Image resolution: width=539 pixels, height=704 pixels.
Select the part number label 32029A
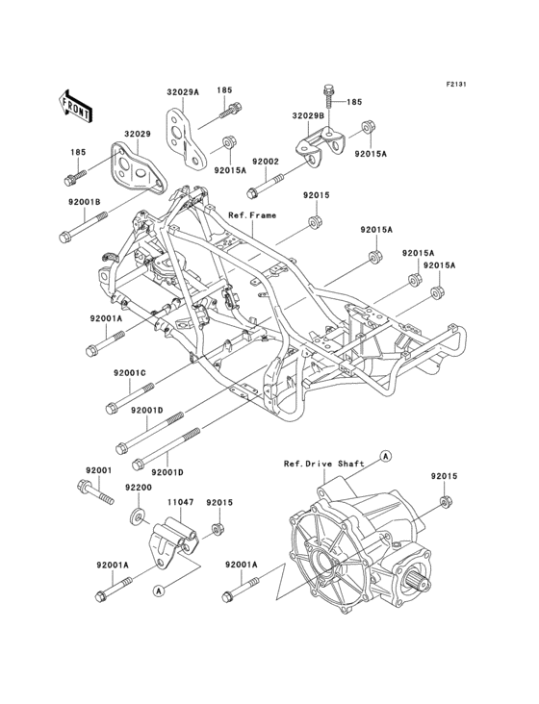pyautogui.click(x=182, y=92)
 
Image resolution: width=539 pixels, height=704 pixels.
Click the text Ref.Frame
pyautogui.click(x=252, y=215)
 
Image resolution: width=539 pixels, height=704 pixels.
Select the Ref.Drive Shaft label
pyautogui.click(x=323, y=464)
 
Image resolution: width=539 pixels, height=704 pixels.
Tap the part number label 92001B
pyautogui.click(x=84, y=202)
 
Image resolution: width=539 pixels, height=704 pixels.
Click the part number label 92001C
pyautogui.click(x=129, y=372)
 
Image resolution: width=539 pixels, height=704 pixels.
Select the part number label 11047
pyautogui.click(x=183, y=502)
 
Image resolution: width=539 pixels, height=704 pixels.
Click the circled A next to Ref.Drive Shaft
pyautogui.click(x=385, y=453)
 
